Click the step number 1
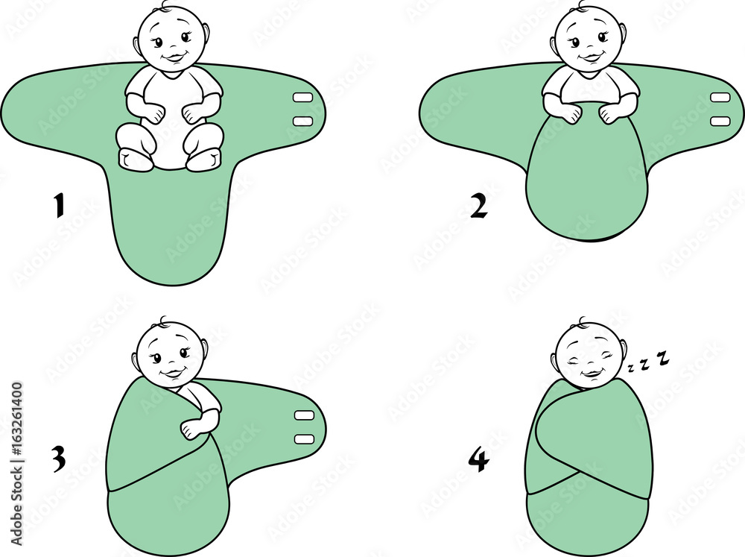[x=59, y=206]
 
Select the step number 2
[x=478, y=207]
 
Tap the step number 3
[x=59, y=459]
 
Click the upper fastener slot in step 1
[x=302, y=98]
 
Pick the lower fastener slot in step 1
[x=302, y=121]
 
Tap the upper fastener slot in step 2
[x=720, y=98]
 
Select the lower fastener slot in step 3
[x=304, y=438]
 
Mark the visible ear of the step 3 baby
[x=205, y=350]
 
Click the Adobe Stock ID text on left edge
[x=16, y=465]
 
